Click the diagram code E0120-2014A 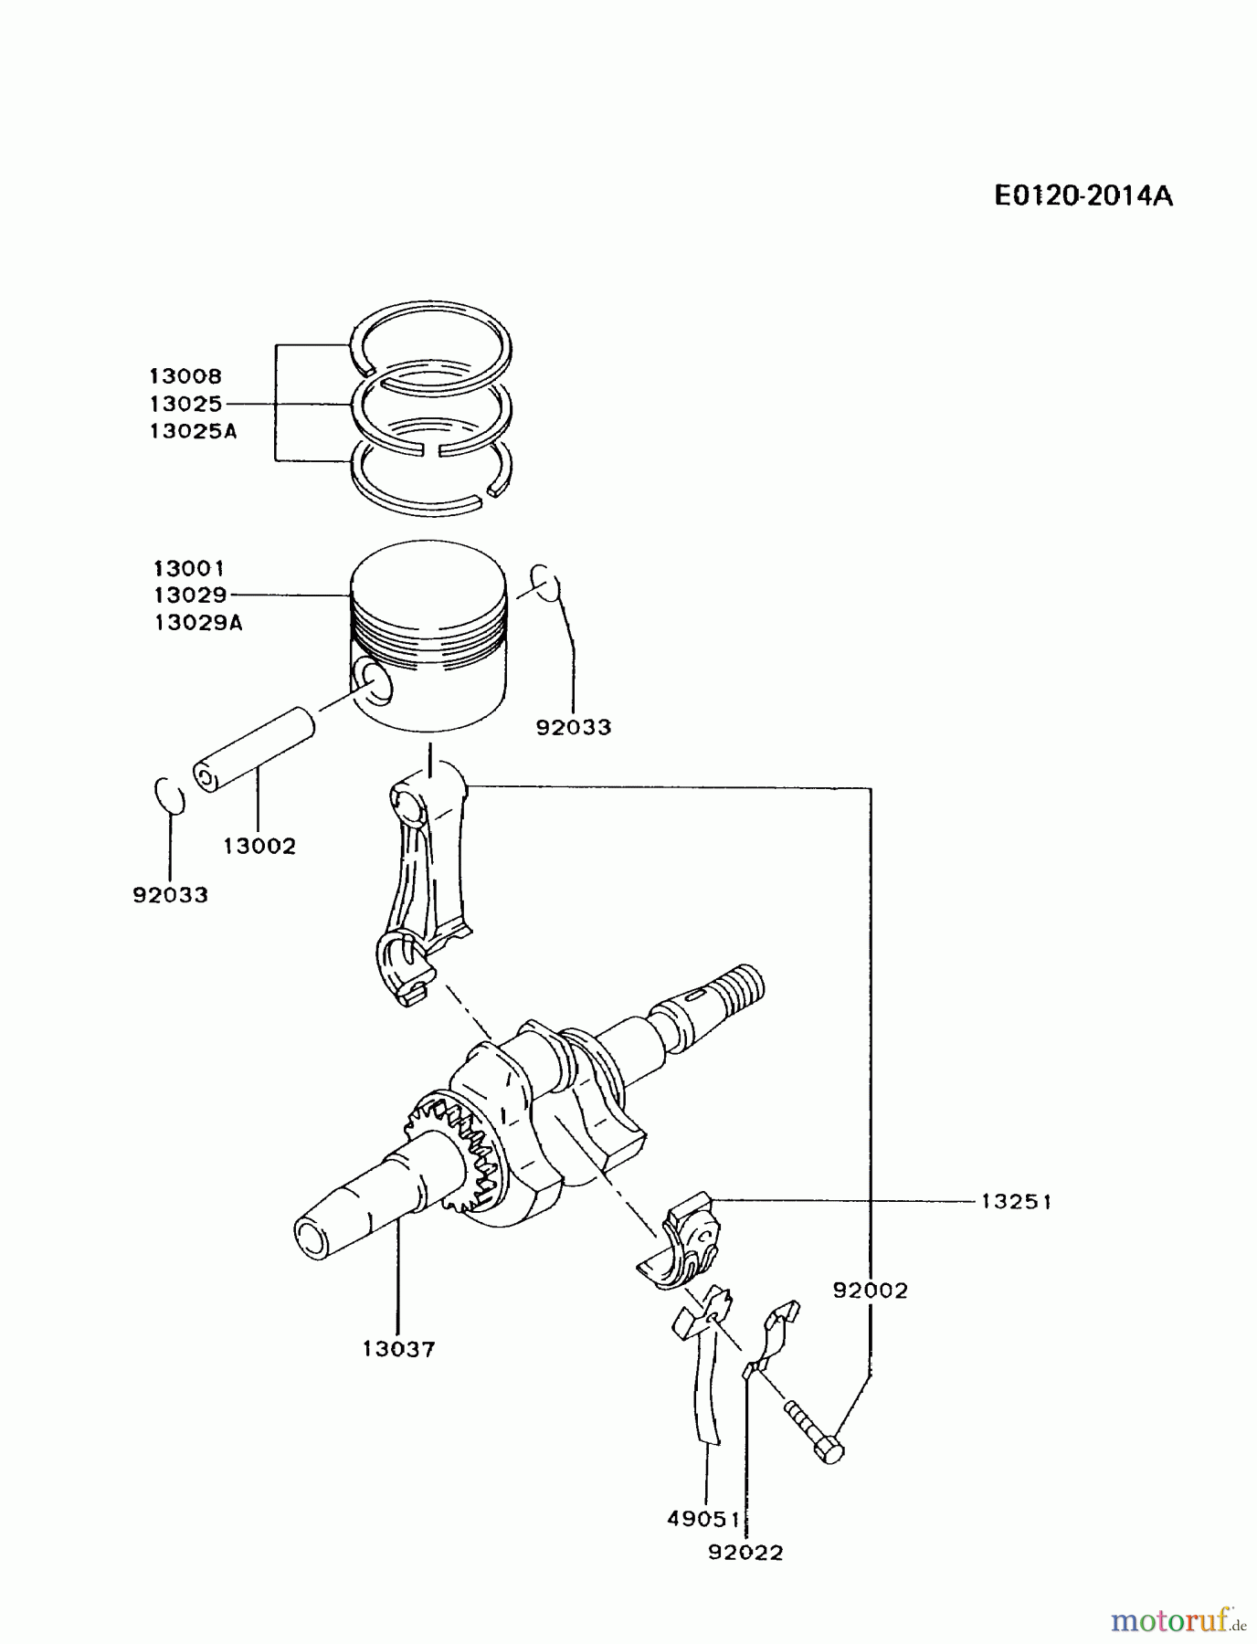pyautogui.click(x=1083, y=195)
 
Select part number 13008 pyautogui.click(x=186, y=375)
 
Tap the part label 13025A pyautogui.click(x=194, y=431)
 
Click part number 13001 pyautogui.click(x=189, y=568)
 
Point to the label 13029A pyautogui.click(x=198, y=623)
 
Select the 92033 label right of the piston pyautogui.click(x=574, y=727)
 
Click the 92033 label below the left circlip pyautogui.click(x=171, y=895)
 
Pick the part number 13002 pyautogui.click(x=260, y=847)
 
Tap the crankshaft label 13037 pyautogui.click(x=399, y=1348)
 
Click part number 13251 pyautogui.click(x=1017, y=1202)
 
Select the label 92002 pyautogui.click(x=871, y=1290)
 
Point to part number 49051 pyautogui.click(x=703, y=1518)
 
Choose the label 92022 pyautogui.click(x=746, y=1552)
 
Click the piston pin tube pyautogui.click(x=254, y=749)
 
